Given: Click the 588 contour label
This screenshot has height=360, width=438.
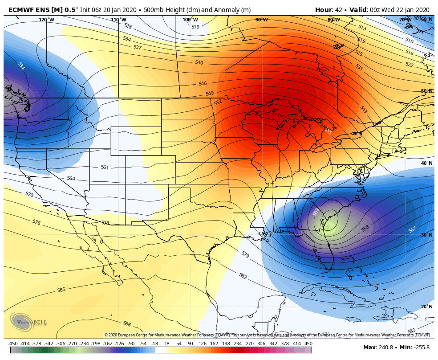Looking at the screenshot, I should [127, 324].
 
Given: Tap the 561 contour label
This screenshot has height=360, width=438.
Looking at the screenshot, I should [105, 168].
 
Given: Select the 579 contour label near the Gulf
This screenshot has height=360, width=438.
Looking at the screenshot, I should [245, 254].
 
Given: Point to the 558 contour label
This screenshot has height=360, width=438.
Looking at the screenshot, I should [365, 229].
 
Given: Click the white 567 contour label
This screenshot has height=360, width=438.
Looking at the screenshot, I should [412, 229].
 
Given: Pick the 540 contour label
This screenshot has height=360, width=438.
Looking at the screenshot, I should [199, 63].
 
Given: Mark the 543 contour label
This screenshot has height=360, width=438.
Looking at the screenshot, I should [364, 110].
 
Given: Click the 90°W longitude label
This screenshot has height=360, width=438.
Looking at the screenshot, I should [261, 20].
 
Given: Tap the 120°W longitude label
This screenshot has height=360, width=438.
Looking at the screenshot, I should [46, 20].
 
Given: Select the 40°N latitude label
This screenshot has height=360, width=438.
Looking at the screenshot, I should [426, 163].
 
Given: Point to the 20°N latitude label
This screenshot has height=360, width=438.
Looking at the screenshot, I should [426, 307].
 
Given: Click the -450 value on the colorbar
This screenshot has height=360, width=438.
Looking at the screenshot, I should [13, 344].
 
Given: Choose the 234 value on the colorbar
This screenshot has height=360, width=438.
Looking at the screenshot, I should [238, 344].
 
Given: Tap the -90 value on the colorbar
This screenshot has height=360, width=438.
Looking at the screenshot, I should [131, 344].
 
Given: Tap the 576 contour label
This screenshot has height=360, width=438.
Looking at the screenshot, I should [36, 222].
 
